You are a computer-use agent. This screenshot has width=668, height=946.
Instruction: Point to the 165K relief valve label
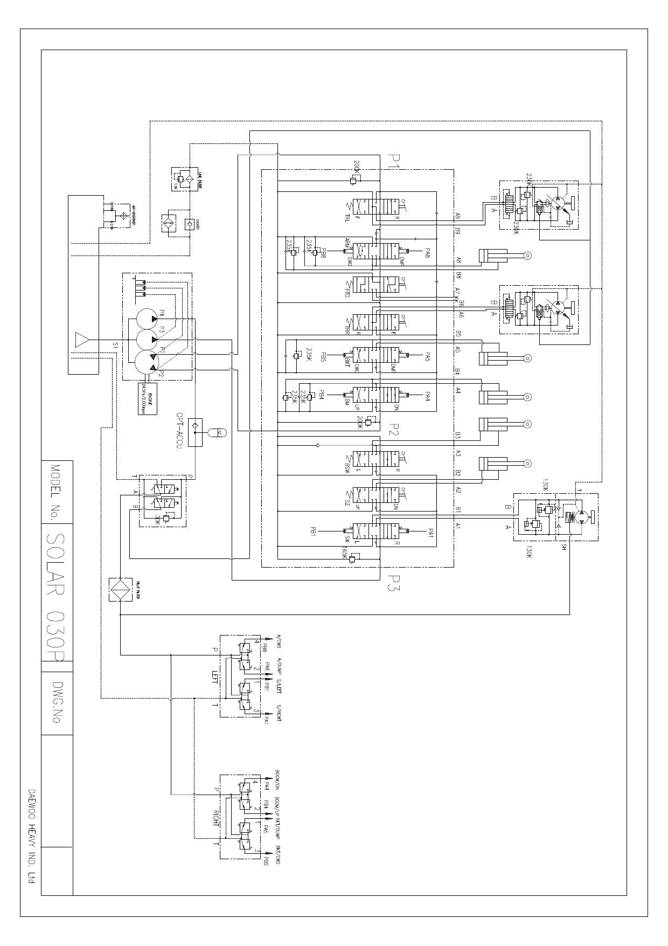(x=345, y=553)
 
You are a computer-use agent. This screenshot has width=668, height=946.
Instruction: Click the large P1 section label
(x=394, y=161)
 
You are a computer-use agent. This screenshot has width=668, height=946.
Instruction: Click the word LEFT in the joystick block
(x=215, y=677)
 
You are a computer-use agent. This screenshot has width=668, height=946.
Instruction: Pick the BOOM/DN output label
(x=277, y=779)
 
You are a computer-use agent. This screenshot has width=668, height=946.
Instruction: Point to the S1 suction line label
(x=115, y=344)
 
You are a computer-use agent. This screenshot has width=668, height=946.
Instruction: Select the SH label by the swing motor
(x=564, y=547)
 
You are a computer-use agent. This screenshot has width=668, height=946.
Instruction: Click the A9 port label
(x=458, y=216)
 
